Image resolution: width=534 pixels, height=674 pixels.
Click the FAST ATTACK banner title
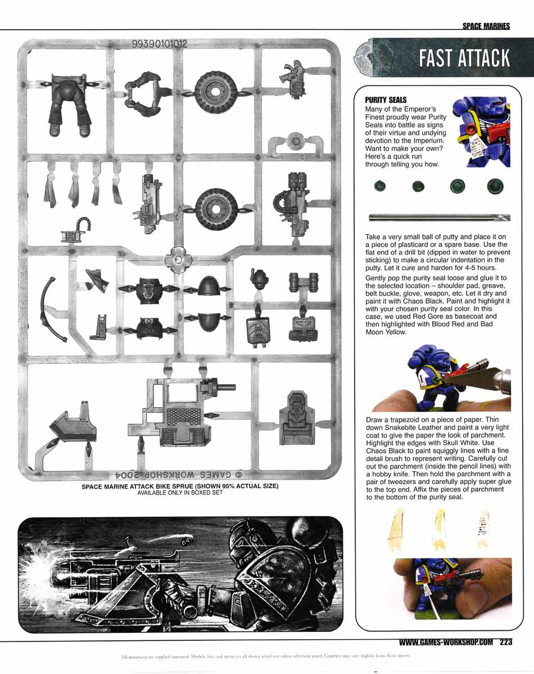(464, 58)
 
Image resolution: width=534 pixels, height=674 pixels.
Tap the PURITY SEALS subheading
(386, 99)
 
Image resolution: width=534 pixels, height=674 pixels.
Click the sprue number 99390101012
(159, 43)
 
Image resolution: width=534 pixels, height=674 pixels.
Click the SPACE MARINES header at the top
(486, 26)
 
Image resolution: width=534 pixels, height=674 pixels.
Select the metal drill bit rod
(439, 217)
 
